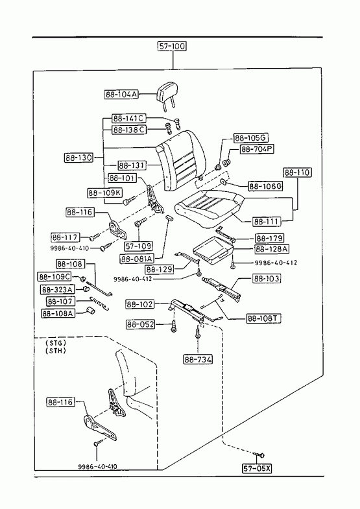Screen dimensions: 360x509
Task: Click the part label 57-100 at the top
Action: coord(173,47)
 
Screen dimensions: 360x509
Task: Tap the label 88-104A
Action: coord(121,95)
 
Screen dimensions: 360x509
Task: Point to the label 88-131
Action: coord(132,165)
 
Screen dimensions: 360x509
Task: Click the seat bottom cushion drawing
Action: coord(209,208)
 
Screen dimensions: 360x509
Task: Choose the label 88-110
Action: coord(297,172)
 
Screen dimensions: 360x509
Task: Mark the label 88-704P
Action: coord(257,149)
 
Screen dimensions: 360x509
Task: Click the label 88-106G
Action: coord(265,186)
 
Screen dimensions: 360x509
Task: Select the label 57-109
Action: coord(139,246)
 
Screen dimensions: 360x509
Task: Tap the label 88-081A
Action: coord(137,259)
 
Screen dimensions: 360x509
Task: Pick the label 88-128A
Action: coord(272,249)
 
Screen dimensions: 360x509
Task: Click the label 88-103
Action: coord(267,279)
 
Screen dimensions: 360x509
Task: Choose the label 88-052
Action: coord(141,324)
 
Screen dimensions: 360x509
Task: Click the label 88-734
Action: coord(198,359)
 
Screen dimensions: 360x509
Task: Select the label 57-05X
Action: coord(257,468)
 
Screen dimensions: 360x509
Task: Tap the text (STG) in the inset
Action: coord(56,343)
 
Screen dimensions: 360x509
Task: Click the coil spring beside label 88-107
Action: coord(99,303)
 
